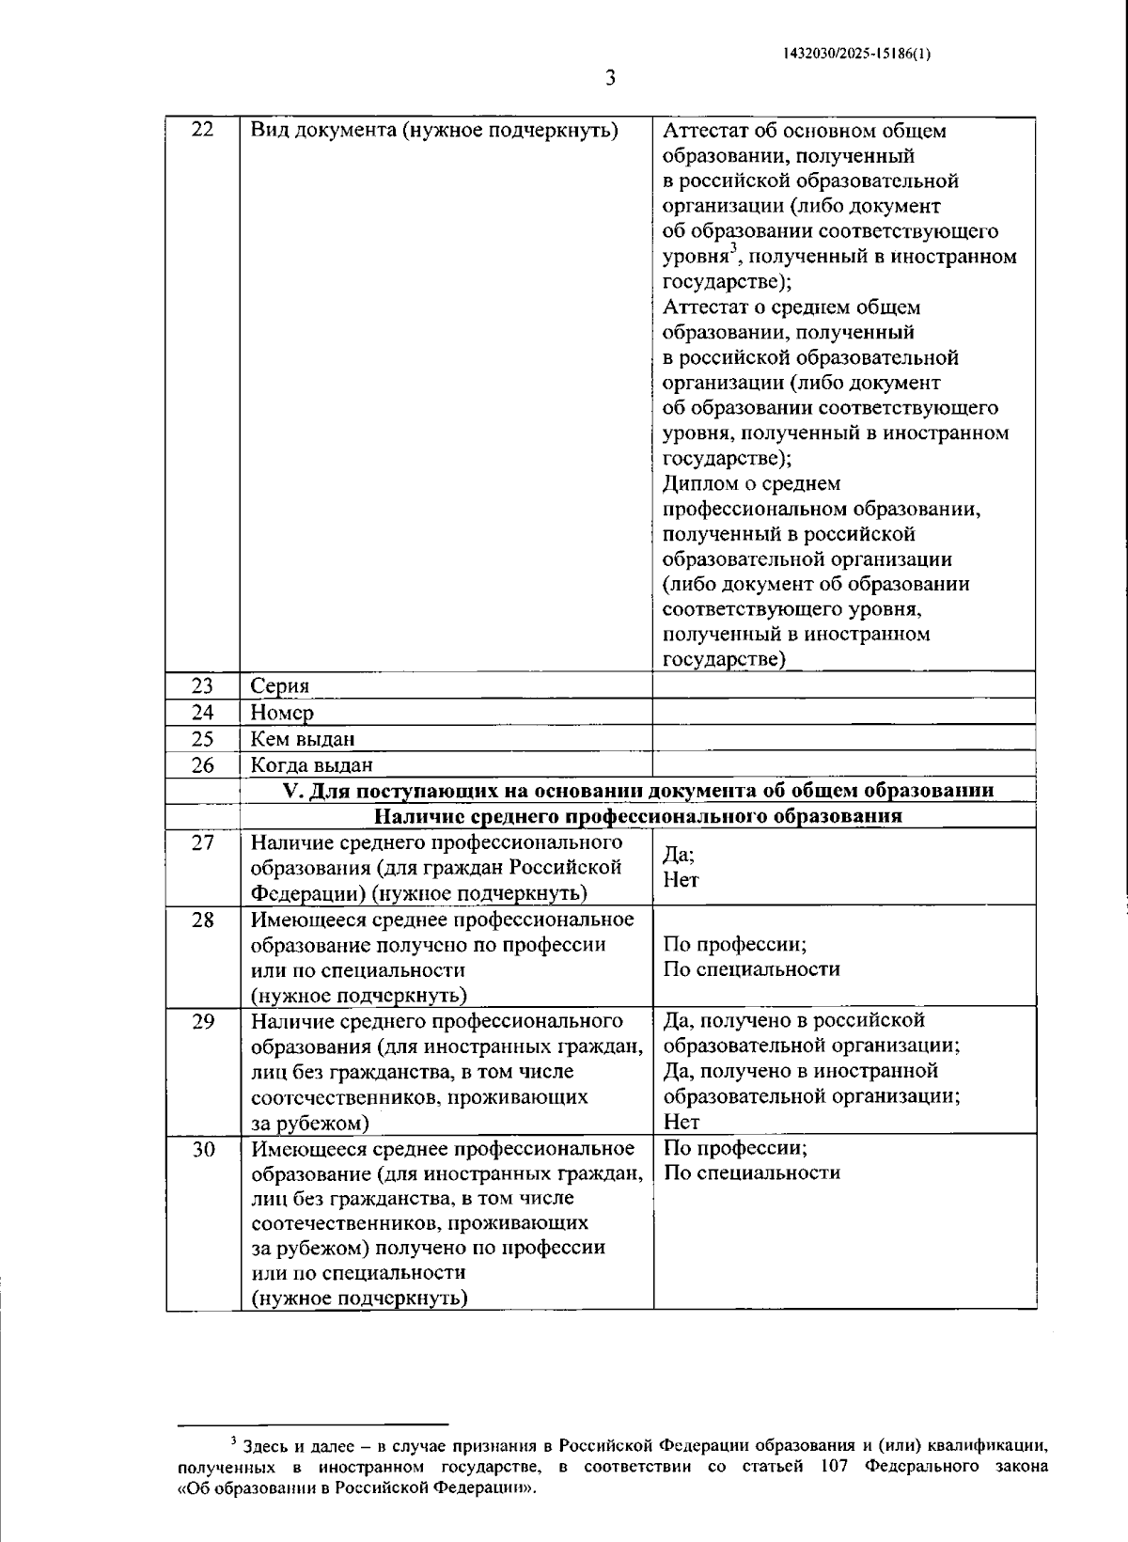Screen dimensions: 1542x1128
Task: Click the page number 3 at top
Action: (x=609, y=79)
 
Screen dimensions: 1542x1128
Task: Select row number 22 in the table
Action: (x=202, y=130)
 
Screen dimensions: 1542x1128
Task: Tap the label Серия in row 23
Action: (x=279, y=685)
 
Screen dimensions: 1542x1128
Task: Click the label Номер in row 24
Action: (x=282, y=712)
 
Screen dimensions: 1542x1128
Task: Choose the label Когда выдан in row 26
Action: (x=311, y=764)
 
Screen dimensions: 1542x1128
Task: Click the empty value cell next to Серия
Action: (x=843, y=685)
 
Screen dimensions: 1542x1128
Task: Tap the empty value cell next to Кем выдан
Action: (x=843, y=738)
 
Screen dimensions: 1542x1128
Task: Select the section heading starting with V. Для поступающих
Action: (x=638, y=790)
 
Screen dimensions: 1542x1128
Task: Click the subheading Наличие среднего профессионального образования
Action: (x=638, y=815)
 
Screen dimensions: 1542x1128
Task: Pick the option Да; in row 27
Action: (x=679, y=855)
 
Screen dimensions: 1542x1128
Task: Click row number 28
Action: (x=202, y=920)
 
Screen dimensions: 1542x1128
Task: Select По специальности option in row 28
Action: (x=751, y=968)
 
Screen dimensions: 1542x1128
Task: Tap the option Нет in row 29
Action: (x=681, y=1121)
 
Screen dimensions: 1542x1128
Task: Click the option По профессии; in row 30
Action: (x=735, y=1147)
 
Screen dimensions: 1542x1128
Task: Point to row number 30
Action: (x=202, y=1149)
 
